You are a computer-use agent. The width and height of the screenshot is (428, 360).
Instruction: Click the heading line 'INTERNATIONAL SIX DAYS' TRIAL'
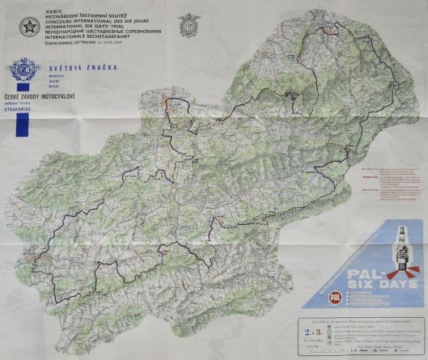point(90,27)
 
